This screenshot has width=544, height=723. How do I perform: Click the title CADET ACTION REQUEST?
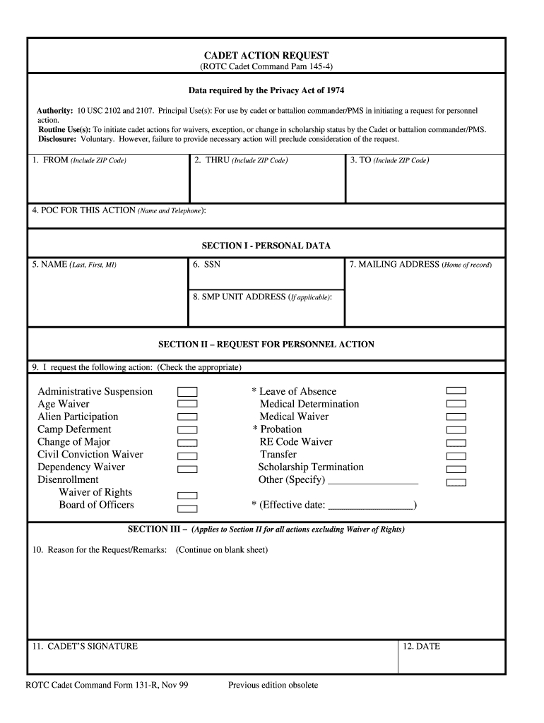(266, 55)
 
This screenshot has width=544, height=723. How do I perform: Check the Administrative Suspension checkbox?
(187, 392)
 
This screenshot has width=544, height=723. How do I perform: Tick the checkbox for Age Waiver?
(187, 405)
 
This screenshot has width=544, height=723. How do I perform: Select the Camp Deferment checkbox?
(187, 430)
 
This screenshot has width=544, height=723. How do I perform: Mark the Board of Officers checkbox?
(187, 508)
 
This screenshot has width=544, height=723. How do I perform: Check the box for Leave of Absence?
(456, 390)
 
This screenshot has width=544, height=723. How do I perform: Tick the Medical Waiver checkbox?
(456, 417)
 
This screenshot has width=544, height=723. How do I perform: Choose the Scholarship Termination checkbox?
(456, 469)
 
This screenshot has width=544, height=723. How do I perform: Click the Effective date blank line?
(372, 506)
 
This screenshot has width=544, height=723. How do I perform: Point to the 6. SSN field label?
(206, 265)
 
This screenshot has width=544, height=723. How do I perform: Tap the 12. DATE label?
(421, 646)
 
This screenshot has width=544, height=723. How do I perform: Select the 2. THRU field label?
(241, 160)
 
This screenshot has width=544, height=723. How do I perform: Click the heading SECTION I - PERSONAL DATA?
(266, 246)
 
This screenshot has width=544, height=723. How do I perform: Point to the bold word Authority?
(55, 112)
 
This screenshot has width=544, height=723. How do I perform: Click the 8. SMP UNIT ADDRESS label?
(262, 297)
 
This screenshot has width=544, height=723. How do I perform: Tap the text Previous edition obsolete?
(273, 685)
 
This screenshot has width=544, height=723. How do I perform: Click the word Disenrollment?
(68, 480)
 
